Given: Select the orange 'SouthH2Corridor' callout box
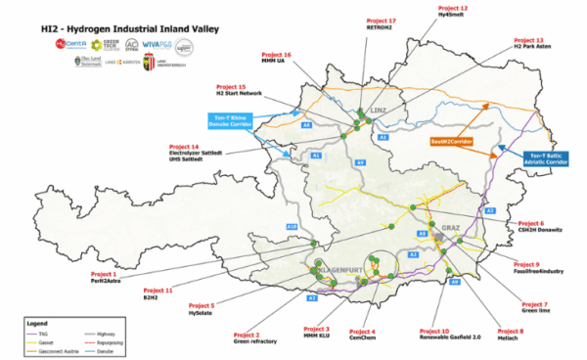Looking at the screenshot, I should [x=450, y=142].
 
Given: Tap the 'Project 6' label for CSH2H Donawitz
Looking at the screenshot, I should [x=529, y=223].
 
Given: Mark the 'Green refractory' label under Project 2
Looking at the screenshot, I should [x=255, y=341].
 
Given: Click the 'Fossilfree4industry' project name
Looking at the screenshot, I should [x=538, y=272].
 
